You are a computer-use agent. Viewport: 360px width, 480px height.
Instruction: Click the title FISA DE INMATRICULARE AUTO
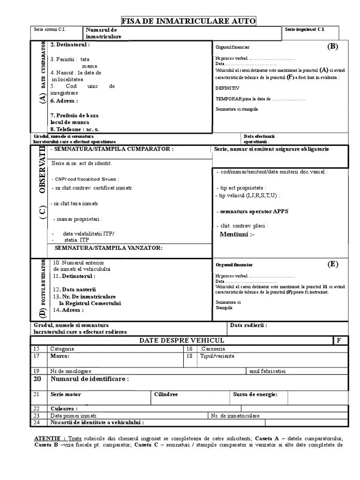click(189, 21)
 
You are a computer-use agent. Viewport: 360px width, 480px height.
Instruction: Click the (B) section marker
click(332, 46)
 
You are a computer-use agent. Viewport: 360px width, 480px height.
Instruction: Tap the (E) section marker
click(332, 264)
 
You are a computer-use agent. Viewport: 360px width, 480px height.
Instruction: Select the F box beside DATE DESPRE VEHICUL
click(339, 340)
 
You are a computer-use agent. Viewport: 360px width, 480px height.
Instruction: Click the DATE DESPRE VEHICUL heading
click(181, 340)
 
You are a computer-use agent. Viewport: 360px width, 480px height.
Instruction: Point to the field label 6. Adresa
click(64, 101)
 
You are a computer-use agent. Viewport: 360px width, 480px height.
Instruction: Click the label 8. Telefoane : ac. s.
click(75, 129)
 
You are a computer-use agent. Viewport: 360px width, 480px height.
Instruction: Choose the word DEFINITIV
click(227, 88)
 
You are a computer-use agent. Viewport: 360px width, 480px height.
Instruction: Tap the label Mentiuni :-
click(237, 234)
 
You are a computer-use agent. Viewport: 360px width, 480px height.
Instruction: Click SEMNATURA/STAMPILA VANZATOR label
click(109, 247)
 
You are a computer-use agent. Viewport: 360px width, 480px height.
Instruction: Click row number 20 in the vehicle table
click(37, 379)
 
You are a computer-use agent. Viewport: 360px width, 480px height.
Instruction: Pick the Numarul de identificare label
click(90, 379)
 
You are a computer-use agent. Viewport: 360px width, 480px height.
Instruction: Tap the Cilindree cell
click(166, 394)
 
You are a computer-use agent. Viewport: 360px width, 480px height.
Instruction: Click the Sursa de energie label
click(255, 394)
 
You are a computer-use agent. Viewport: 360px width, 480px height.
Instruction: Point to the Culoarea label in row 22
click(64, 409)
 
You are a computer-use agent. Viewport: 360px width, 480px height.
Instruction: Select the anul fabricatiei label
click(268, 371)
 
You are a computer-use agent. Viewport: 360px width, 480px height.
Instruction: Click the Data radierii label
click(248, 325)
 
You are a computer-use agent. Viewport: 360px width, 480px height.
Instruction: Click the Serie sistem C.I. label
click(50, 29)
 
